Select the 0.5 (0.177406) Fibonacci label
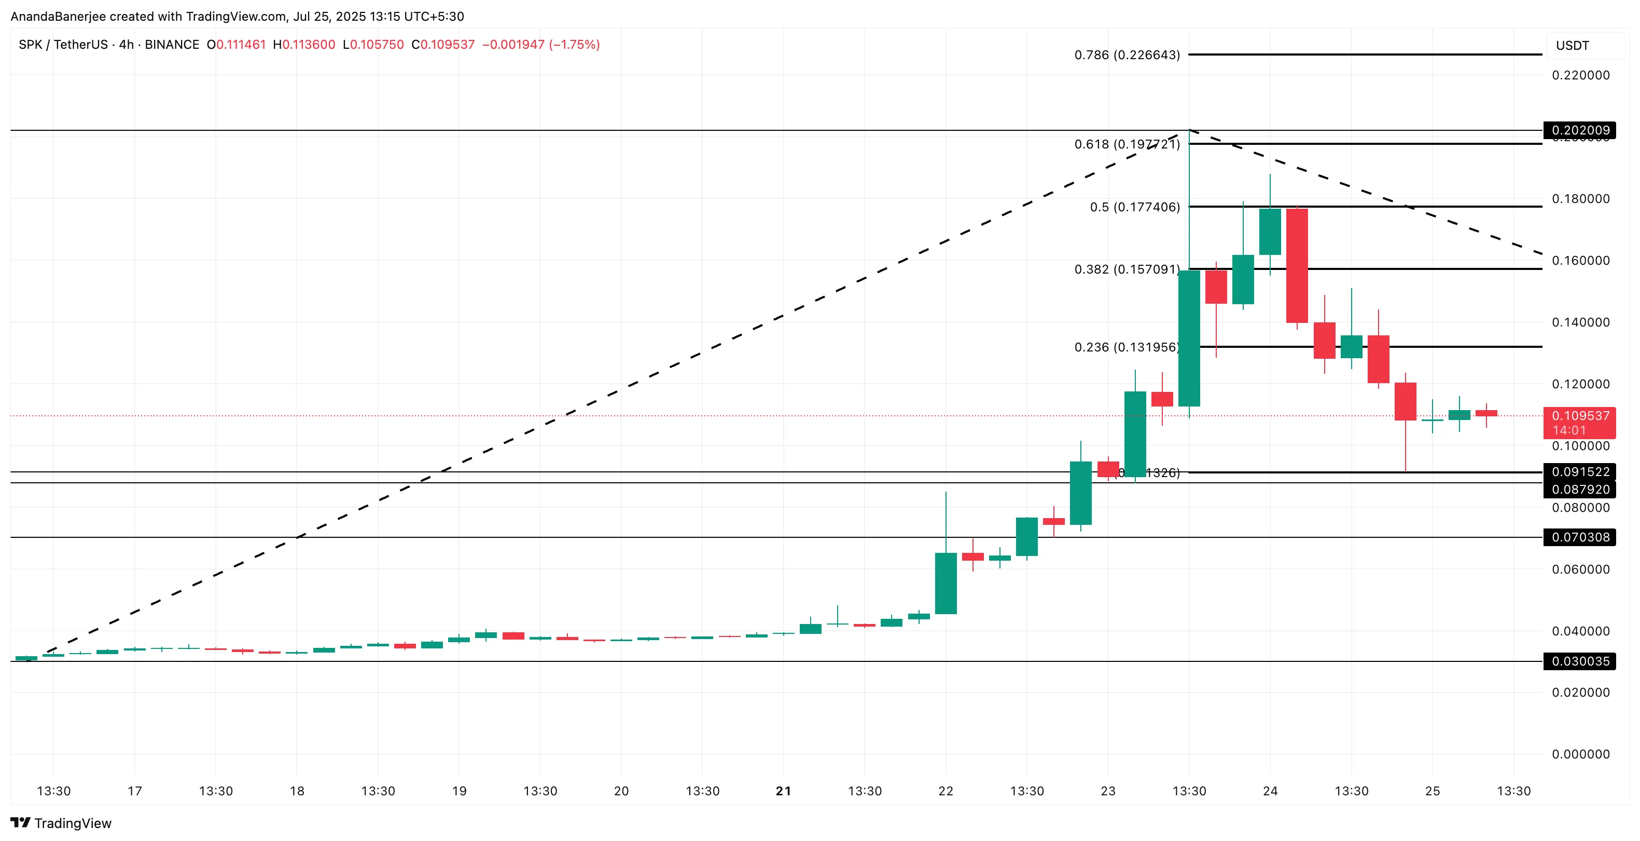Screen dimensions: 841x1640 1134,207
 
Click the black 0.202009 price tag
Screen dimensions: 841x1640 1579,130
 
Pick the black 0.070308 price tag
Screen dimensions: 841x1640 1579,537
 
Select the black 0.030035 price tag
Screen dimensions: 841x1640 1579,661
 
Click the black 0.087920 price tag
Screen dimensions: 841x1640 1579,490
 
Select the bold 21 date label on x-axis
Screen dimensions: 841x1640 783,791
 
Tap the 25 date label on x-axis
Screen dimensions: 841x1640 1432,791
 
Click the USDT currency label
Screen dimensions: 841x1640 1572,46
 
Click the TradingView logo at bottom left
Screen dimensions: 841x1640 61,823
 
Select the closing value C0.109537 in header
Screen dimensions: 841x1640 442,45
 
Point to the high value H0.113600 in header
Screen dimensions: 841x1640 304,45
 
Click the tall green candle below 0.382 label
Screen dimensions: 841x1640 1189,337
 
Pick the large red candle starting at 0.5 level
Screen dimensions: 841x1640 1297,265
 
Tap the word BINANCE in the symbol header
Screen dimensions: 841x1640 172,45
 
